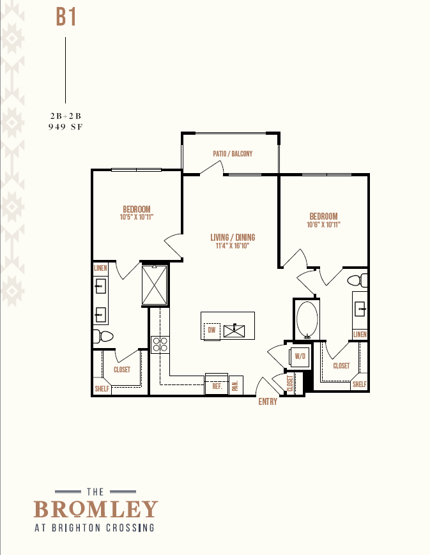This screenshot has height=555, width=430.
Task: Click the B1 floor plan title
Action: (x=66, y=17)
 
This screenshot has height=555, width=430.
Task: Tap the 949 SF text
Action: (x=66, y=126)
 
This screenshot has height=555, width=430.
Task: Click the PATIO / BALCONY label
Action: (x=233, y=154)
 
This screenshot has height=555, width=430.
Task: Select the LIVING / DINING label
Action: (x=233, y=237)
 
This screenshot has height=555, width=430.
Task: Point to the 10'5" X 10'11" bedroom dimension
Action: (x=137, y=217)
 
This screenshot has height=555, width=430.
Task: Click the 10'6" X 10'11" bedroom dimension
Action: (x=323, y=224)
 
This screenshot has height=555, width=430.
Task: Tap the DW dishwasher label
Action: (x=212, y=330)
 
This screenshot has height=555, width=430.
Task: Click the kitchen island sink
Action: (x=234, y=331)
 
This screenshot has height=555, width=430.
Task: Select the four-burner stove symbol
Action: (x=160, y=345)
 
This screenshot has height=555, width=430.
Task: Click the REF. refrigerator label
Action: (x=217, y=386)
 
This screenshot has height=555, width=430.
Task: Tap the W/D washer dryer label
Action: (x=300, y=356)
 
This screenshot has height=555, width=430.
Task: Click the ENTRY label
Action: (x=268, y=402)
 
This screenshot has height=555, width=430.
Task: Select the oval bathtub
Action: (x=307, y=320)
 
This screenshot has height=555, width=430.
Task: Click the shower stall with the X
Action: (x=155, y=285)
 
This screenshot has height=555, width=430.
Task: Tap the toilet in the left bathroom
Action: (x=103, y=336)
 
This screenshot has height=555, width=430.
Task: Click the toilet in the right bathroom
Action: (x=357, y=280)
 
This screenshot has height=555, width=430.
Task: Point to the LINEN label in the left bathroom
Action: (x=100, y=268)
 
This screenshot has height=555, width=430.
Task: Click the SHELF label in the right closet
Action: (x=360, y=384)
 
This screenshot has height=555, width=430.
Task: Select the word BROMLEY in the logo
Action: (x=96, y=509)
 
